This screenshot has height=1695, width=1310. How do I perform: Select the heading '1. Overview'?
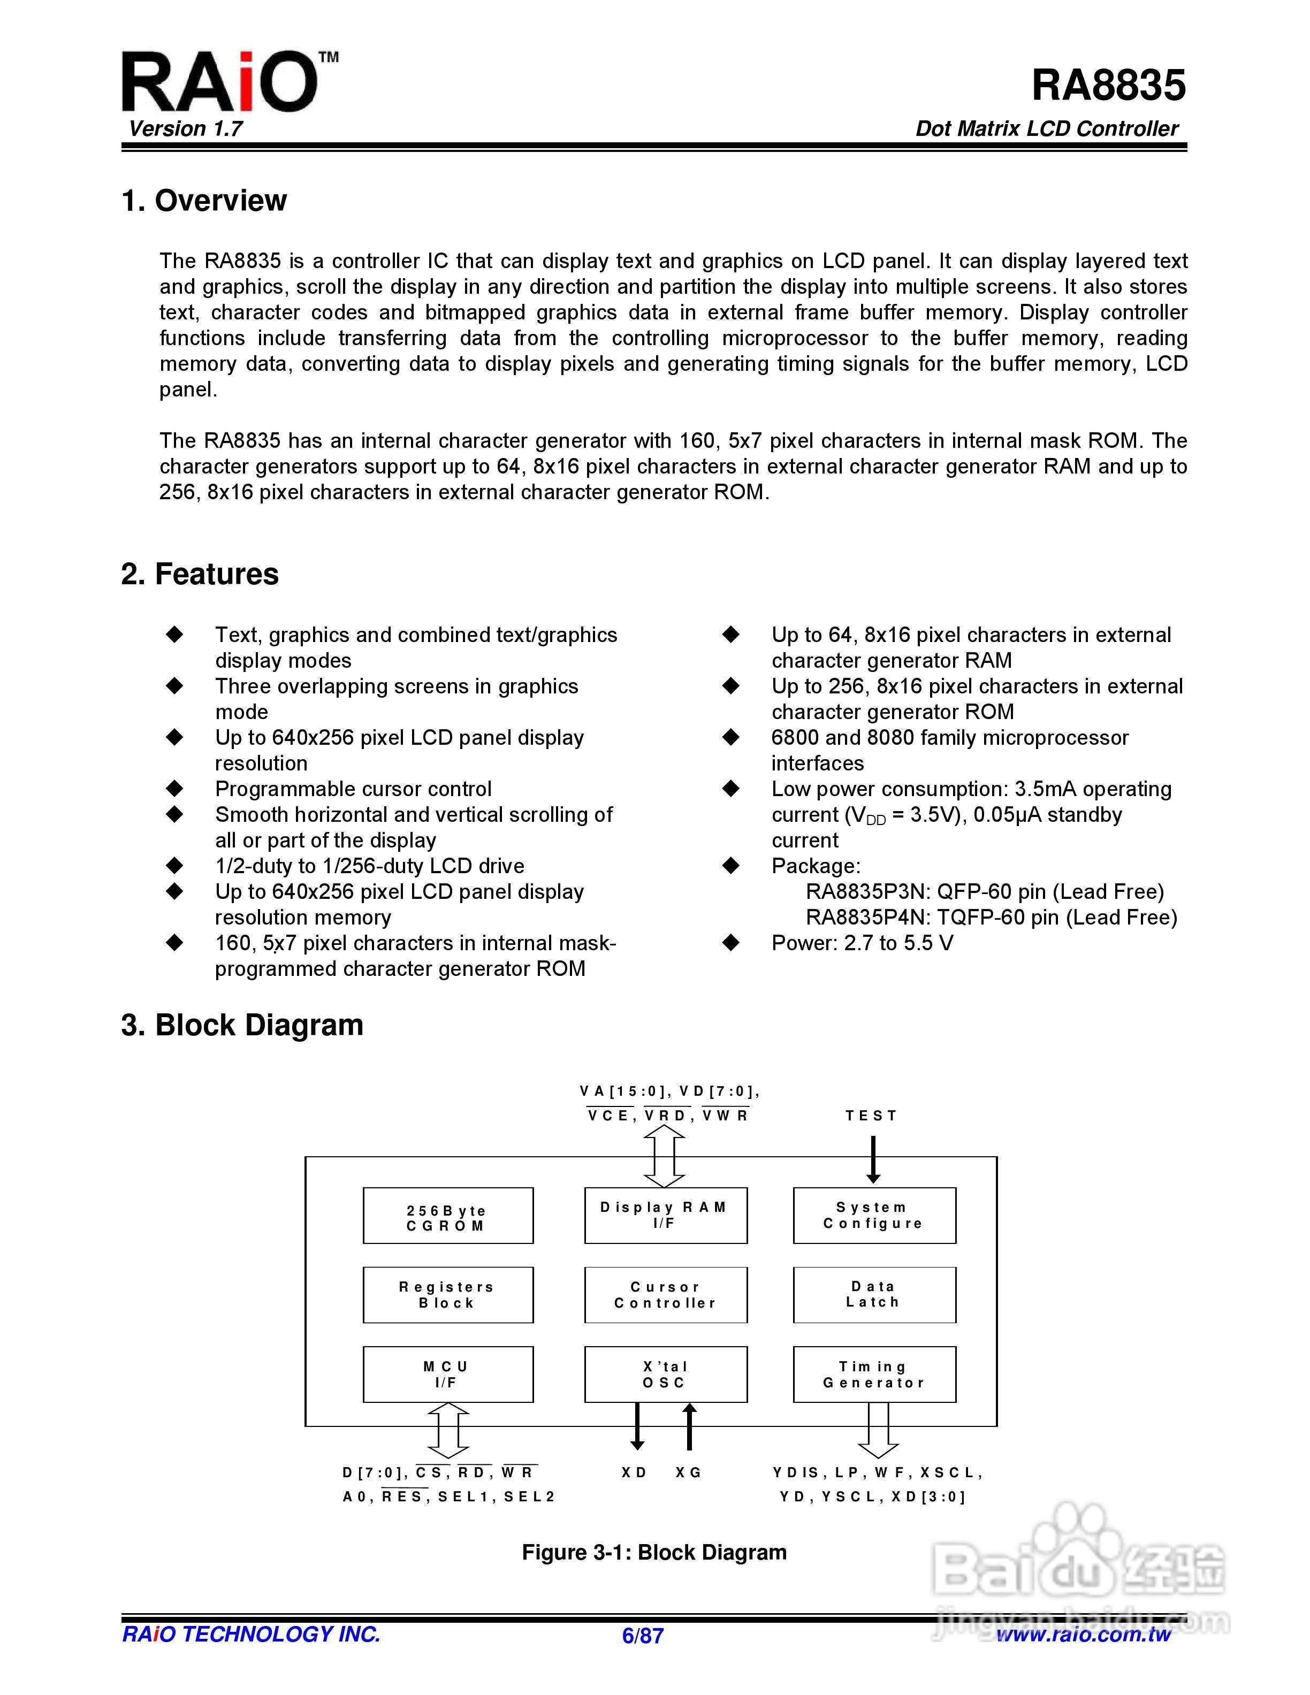coord(204,200)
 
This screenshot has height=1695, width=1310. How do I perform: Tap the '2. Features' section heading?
coord(200,574)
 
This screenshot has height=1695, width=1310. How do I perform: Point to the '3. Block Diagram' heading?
coord(242,1025)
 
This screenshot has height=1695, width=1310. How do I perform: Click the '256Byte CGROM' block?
coord(448,1216)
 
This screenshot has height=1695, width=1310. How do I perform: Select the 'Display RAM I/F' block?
coord(665,1216)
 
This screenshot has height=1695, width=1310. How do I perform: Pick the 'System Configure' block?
coord(874,1216)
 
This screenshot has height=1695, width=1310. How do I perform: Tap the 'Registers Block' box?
coord(448,1295)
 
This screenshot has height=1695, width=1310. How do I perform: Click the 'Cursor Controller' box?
coord(665,1295)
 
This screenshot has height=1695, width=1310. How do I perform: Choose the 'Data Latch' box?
coord(874,1295)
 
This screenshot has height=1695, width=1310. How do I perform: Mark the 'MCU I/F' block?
coord(448,1375)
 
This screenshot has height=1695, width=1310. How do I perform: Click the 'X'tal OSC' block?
coord(665,1375)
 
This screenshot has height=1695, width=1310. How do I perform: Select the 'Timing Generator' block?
coord(874,1375)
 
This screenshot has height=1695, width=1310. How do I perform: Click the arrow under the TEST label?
coord(873,1159)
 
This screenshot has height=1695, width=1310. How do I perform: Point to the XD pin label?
coord(635,1472)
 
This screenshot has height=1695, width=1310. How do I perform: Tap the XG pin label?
coord(688,1472)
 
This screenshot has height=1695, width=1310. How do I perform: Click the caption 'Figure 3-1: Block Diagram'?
coord(654,1552)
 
